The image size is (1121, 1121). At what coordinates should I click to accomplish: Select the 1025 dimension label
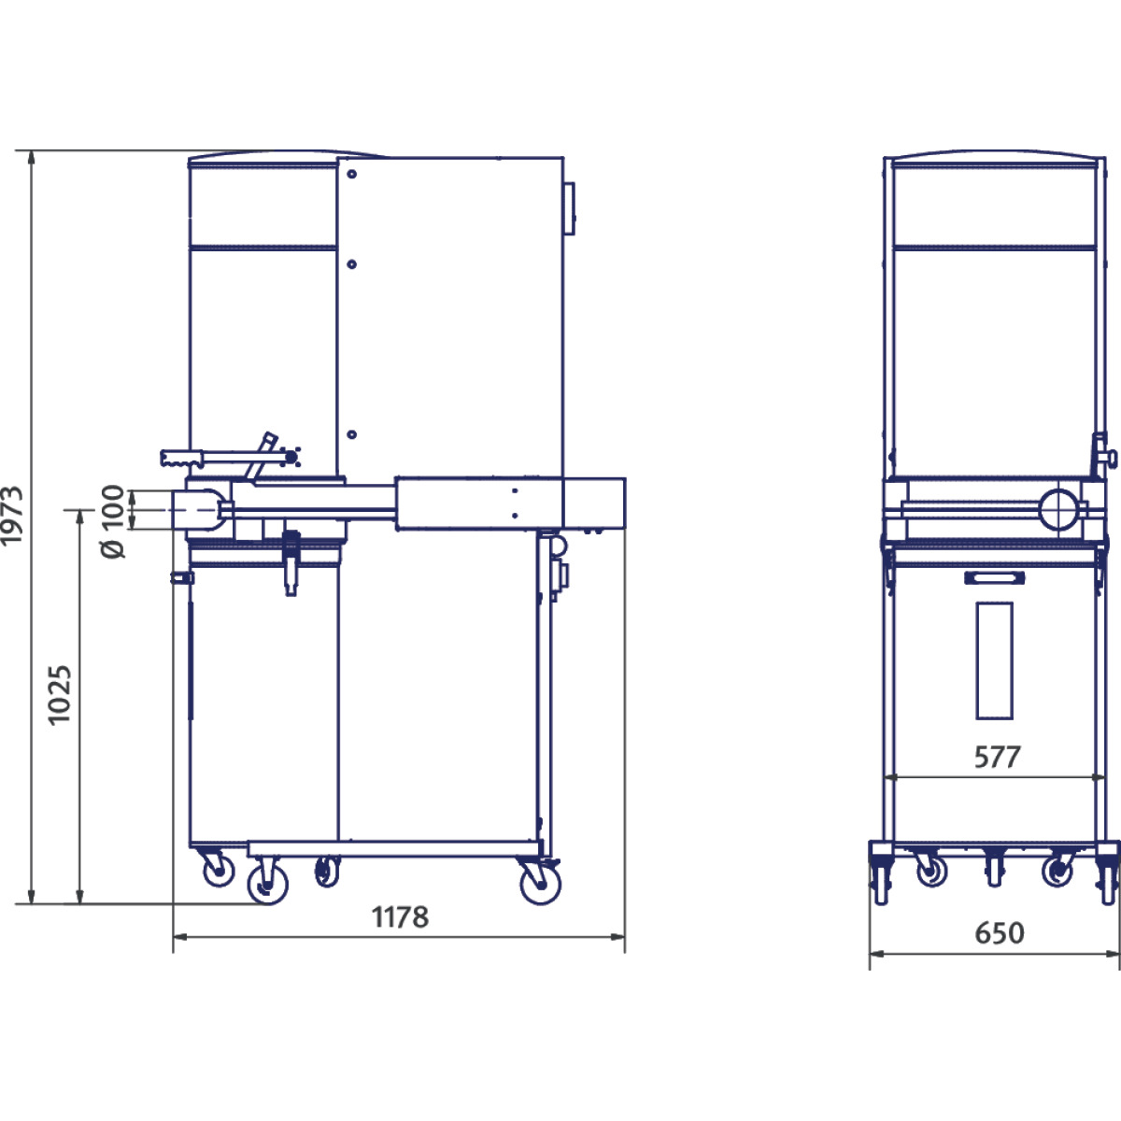point(59,695)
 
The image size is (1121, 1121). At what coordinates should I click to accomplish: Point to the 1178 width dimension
point(401,917)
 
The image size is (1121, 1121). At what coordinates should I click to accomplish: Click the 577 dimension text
point(997,757)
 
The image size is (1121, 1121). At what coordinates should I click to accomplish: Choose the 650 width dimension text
point(999,933)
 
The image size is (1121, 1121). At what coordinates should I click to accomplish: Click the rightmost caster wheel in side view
point(540,882)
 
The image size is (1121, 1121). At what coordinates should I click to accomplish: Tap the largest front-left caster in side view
point(267,883)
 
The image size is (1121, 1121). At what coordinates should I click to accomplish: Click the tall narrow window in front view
point(994,660)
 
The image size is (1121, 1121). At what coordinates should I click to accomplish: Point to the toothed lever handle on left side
point(183,458)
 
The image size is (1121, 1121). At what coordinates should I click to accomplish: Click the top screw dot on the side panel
point(351,174)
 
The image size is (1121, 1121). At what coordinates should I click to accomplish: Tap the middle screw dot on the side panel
point(351,264)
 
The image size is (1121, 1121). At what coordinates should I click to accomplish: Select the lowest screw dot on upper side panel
point(351,434)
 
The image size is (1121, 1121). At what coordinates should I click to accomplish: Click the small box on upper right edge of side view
point(570,207)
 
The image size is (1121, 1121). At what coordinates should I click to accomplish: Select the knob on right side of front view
point(1110,458)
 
